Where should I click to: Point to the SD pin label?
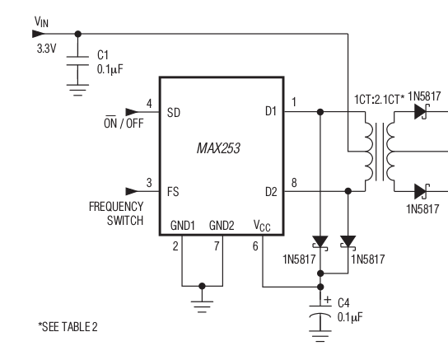tap(174, 112)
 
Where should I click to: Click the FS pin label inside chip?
tap(173, 190)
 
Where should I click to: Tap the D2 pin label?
tap(271, 190)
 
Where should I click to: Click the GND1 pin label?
tap(183, 224)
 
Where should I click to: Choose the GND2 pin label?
tap(222, 224)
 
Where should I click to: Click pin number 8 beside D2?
tap(294, 182)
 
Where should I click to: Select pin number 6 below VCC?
tap(256, 245)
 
